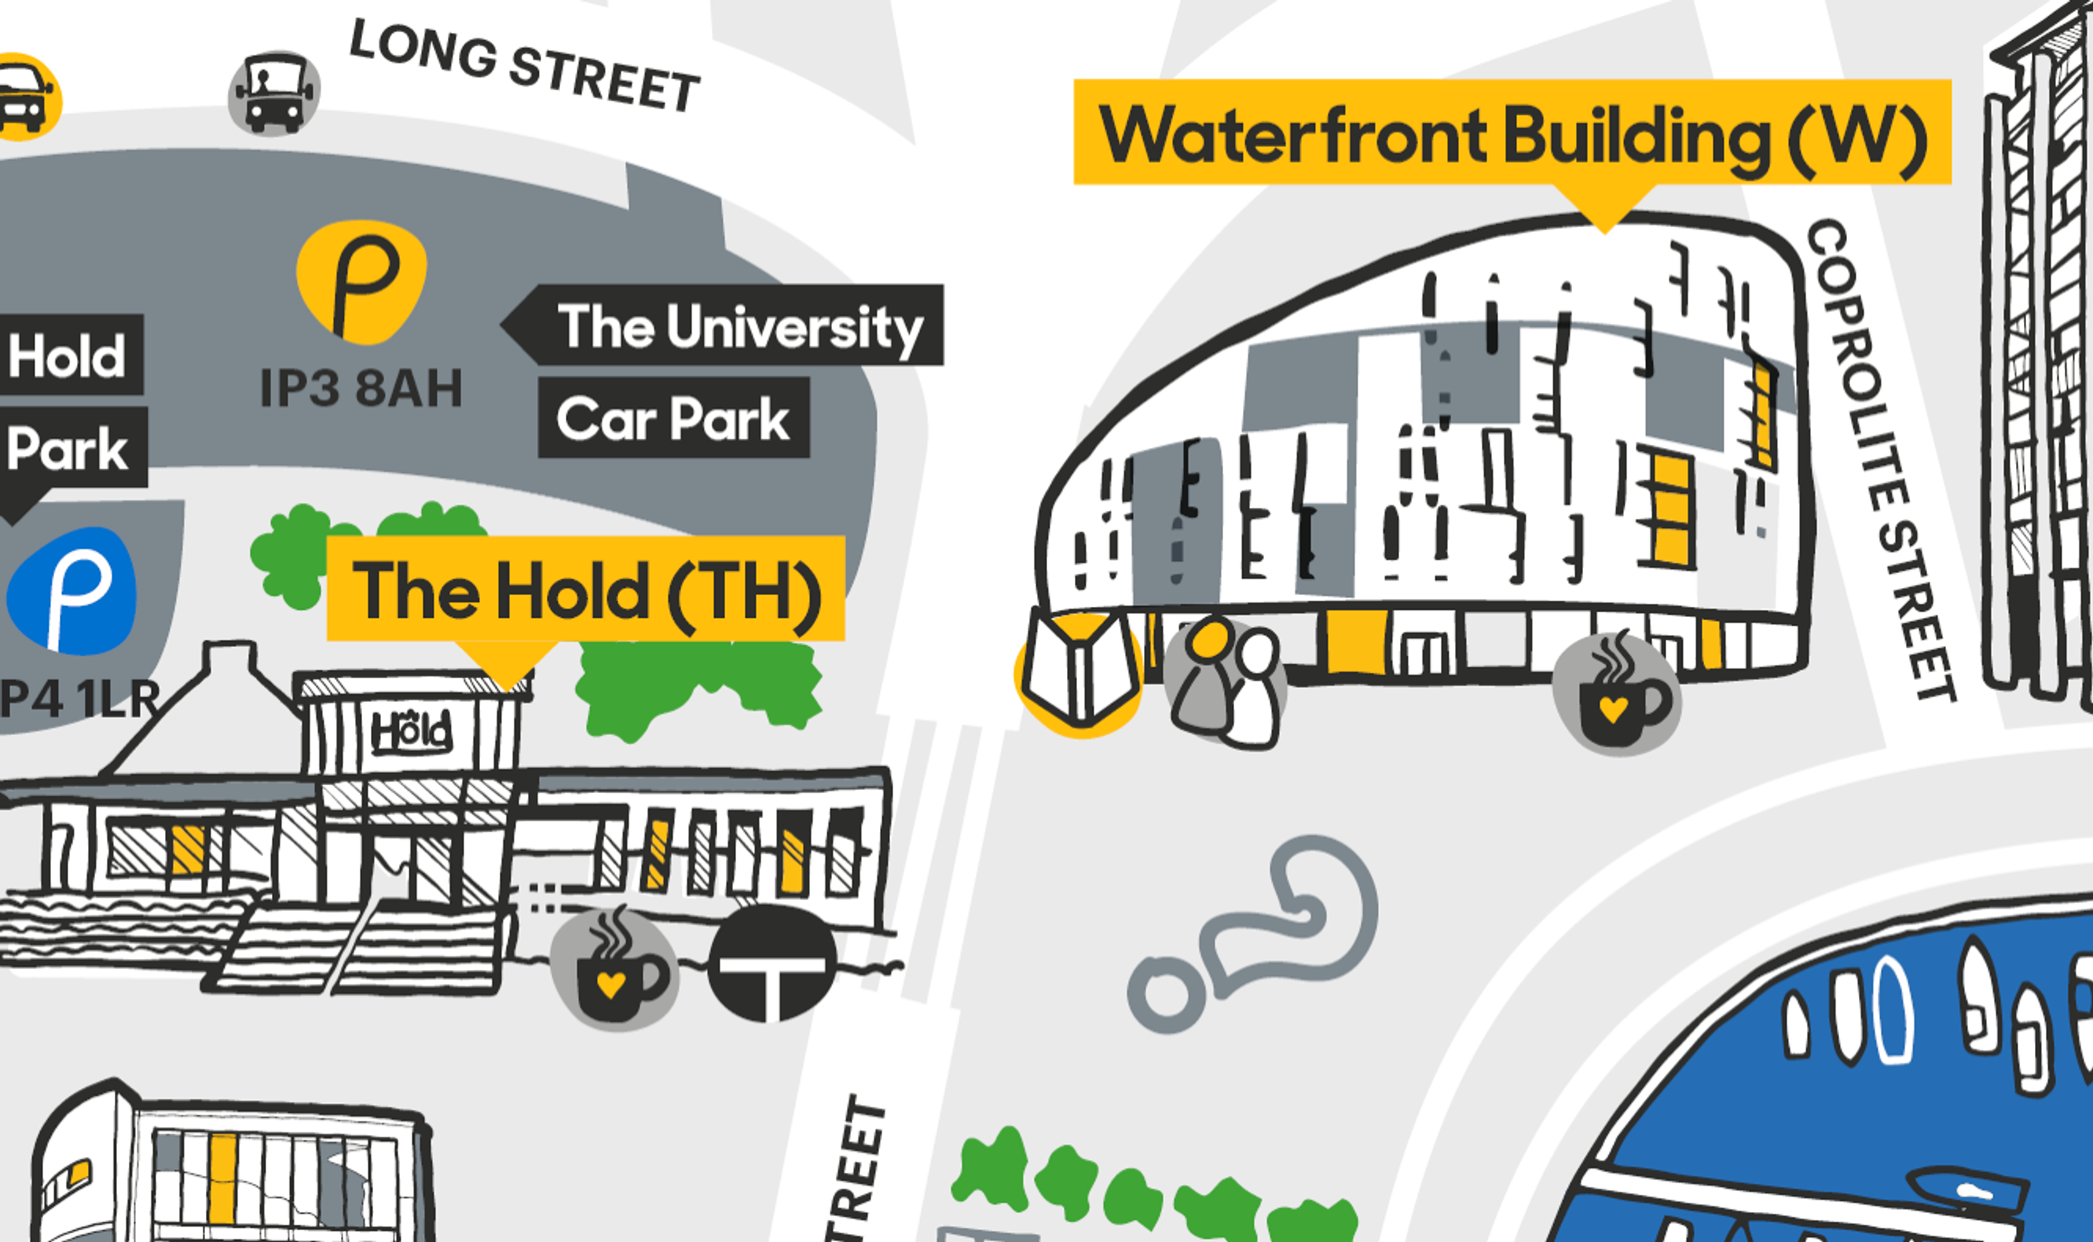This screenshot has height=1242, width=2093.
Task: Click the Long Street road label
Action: [524, 66]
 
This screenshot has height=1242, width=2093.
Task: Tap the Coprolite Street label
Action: [1881, 461]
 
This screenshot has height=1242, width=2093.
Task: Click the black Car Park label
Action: [673, 418]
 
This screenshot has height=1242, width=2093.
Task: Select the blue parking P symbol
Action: [72, 591]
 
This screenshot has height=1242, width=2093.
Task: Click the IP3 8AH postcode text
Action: [361, 389]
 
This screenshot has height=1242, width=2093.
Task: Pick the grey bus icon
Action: [274, 94]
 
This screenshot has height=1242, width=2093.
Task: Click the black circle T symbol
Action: [772, 963]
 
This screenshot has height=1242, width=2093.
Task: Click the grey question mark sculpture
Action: [1254, 934]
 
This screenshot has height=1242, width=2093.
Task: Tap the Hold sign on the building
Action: [412, 732]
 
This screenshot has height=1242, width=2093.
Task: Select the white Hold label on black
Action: [68, 355]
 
